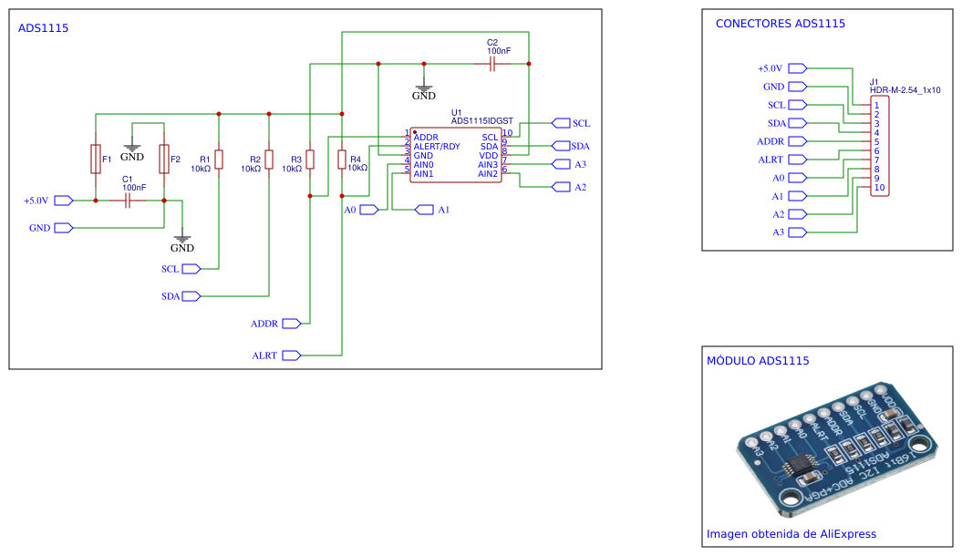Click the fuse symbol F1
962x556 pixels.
click(96, 160)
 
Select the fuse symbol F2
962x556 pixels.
click(164, 160)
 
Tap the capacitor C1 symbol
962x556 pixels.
click(128, 201)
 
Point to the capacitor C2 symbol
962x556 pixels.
click(492, 64)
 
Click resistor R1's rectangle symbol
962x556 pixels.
click(219, 160)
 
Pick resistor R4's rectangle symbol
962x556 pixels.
click(342, 160)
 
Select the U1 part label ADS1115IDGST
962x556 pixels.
click(482, 120)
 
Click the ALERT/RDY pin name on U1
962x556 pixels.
click(437, 147)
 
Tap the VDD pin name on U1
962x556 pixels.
click(489, 156)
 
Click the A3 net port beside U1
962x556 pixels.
click(562, 164)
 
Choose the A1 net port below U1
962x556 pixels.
click(425, 210)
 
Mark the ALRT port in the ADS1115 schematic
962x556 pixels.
click(292, 355)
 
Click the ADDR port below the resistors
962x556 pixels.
click(292, 324)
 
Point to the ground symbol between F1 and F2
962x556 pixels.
click(132, 148)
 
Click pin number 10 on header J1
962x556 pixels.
click(879, 188)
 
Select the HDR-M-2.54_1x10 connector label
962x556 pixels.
click(905, 90)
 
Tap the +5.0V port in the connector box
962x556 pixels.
click(798, 68)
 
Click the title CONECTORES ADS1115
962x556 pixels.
click(781, 24)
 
